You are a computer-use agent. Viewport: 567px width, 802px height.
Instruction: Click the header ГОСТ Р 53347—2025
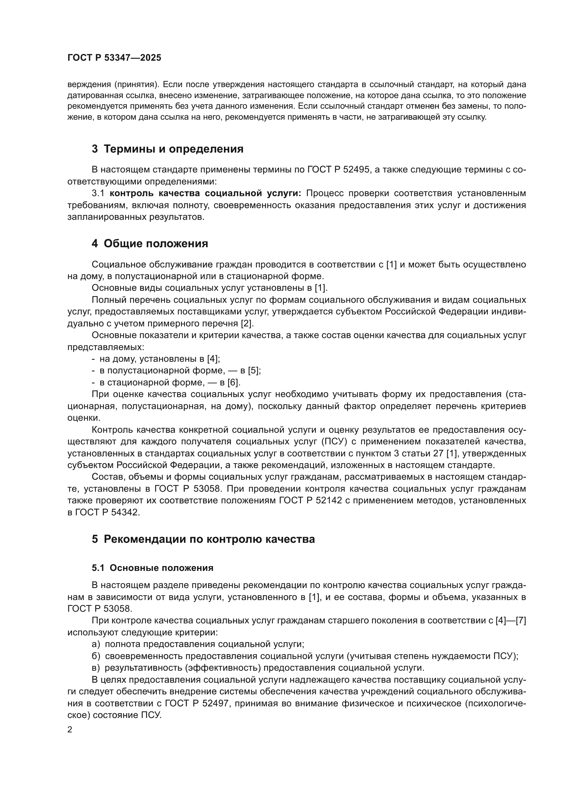[x=114, y=58]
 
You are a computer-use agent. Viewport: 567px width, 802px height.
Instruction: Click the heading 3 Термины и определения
[x=167, y=149]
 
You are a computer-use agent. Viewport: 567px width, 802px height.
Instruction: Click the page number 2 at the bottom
[x=70, y=730]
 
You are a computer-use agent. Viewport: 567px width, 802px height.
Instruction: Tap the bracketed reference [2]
[x=247, y=323]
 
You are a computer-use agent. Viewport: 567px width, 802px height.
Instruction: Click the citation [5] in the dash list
[x=254, y=371]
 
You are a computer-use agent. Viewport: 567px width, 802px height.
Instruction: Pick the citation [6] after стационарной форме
[x=233, y=383]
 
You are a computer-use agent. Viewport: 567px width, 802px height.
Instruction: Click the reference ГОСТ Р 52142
[x=310, y=501]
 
